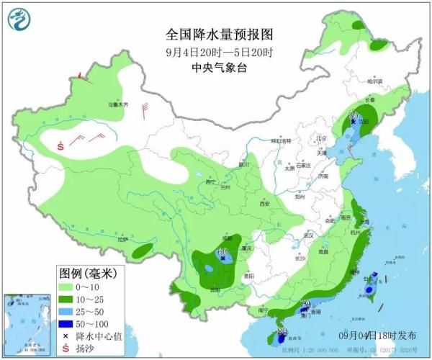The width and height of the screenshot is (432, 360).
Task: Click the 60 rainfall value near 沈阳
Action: [354, 114]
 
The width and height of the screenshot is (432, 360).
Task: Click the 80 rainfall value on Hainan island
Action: [280, 332]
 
